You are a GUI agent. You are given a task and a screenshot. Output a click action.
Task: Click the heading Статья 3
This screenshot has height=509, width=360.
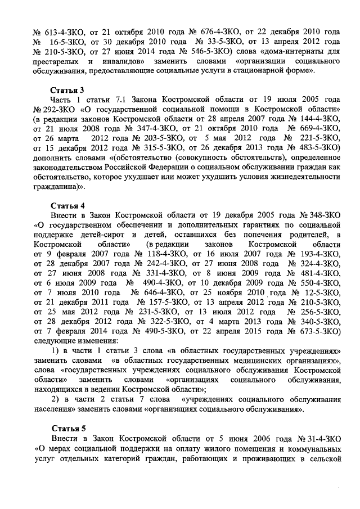point(67,90)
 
